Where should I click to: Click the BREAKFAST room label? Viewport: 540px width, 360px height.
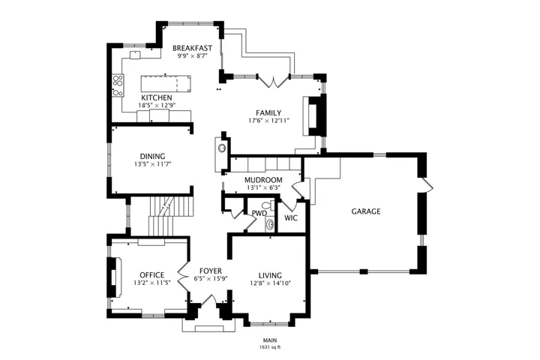click(192, 48)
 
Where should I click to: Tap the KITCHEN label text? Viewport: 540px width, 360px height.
click(157, 97)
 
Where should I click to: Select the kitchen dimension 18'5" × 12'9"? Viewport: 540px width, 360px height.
click(157, 106)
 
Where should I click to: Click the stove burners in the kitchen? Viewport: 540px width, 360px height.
click(118, 85)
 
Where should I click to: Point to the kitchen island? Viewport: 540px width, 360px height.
click(166, 83)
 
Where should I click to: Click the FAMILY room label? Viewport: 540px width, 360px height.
click(268, 112)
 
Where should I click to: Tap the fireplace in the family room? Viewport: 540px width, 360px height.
click(314, 115)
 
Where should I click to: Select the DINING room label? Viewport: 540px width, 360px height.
click(152, 157)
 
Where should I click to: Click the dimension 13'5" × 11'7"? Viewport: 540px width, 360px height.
click(152, 164)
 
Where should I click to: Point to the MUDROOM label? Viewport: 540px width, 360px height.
click(263, 180)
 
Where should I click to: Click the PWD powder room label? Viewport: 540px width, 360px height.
click(259, 213)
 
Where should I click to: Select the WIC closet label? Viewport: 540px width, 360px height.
click(291, 218)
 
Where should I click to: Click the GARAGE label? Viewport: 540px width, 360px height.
click(366, 211)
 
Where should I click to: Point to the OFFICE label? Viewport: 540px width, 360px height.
click(151, 275)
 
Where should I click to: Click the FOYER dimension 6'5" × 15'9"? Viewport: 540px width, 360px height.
click(211, 279)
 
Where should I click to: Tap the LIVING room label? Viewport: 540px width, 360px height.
click(270, 275)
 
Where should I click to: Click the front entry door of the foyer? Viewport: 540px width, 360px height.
click(208, 300)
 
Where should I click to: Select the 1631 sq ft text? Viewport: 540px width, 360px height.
click(270, 347)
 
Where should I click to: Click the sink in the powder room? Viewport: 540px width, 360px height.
click(269, 225)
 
